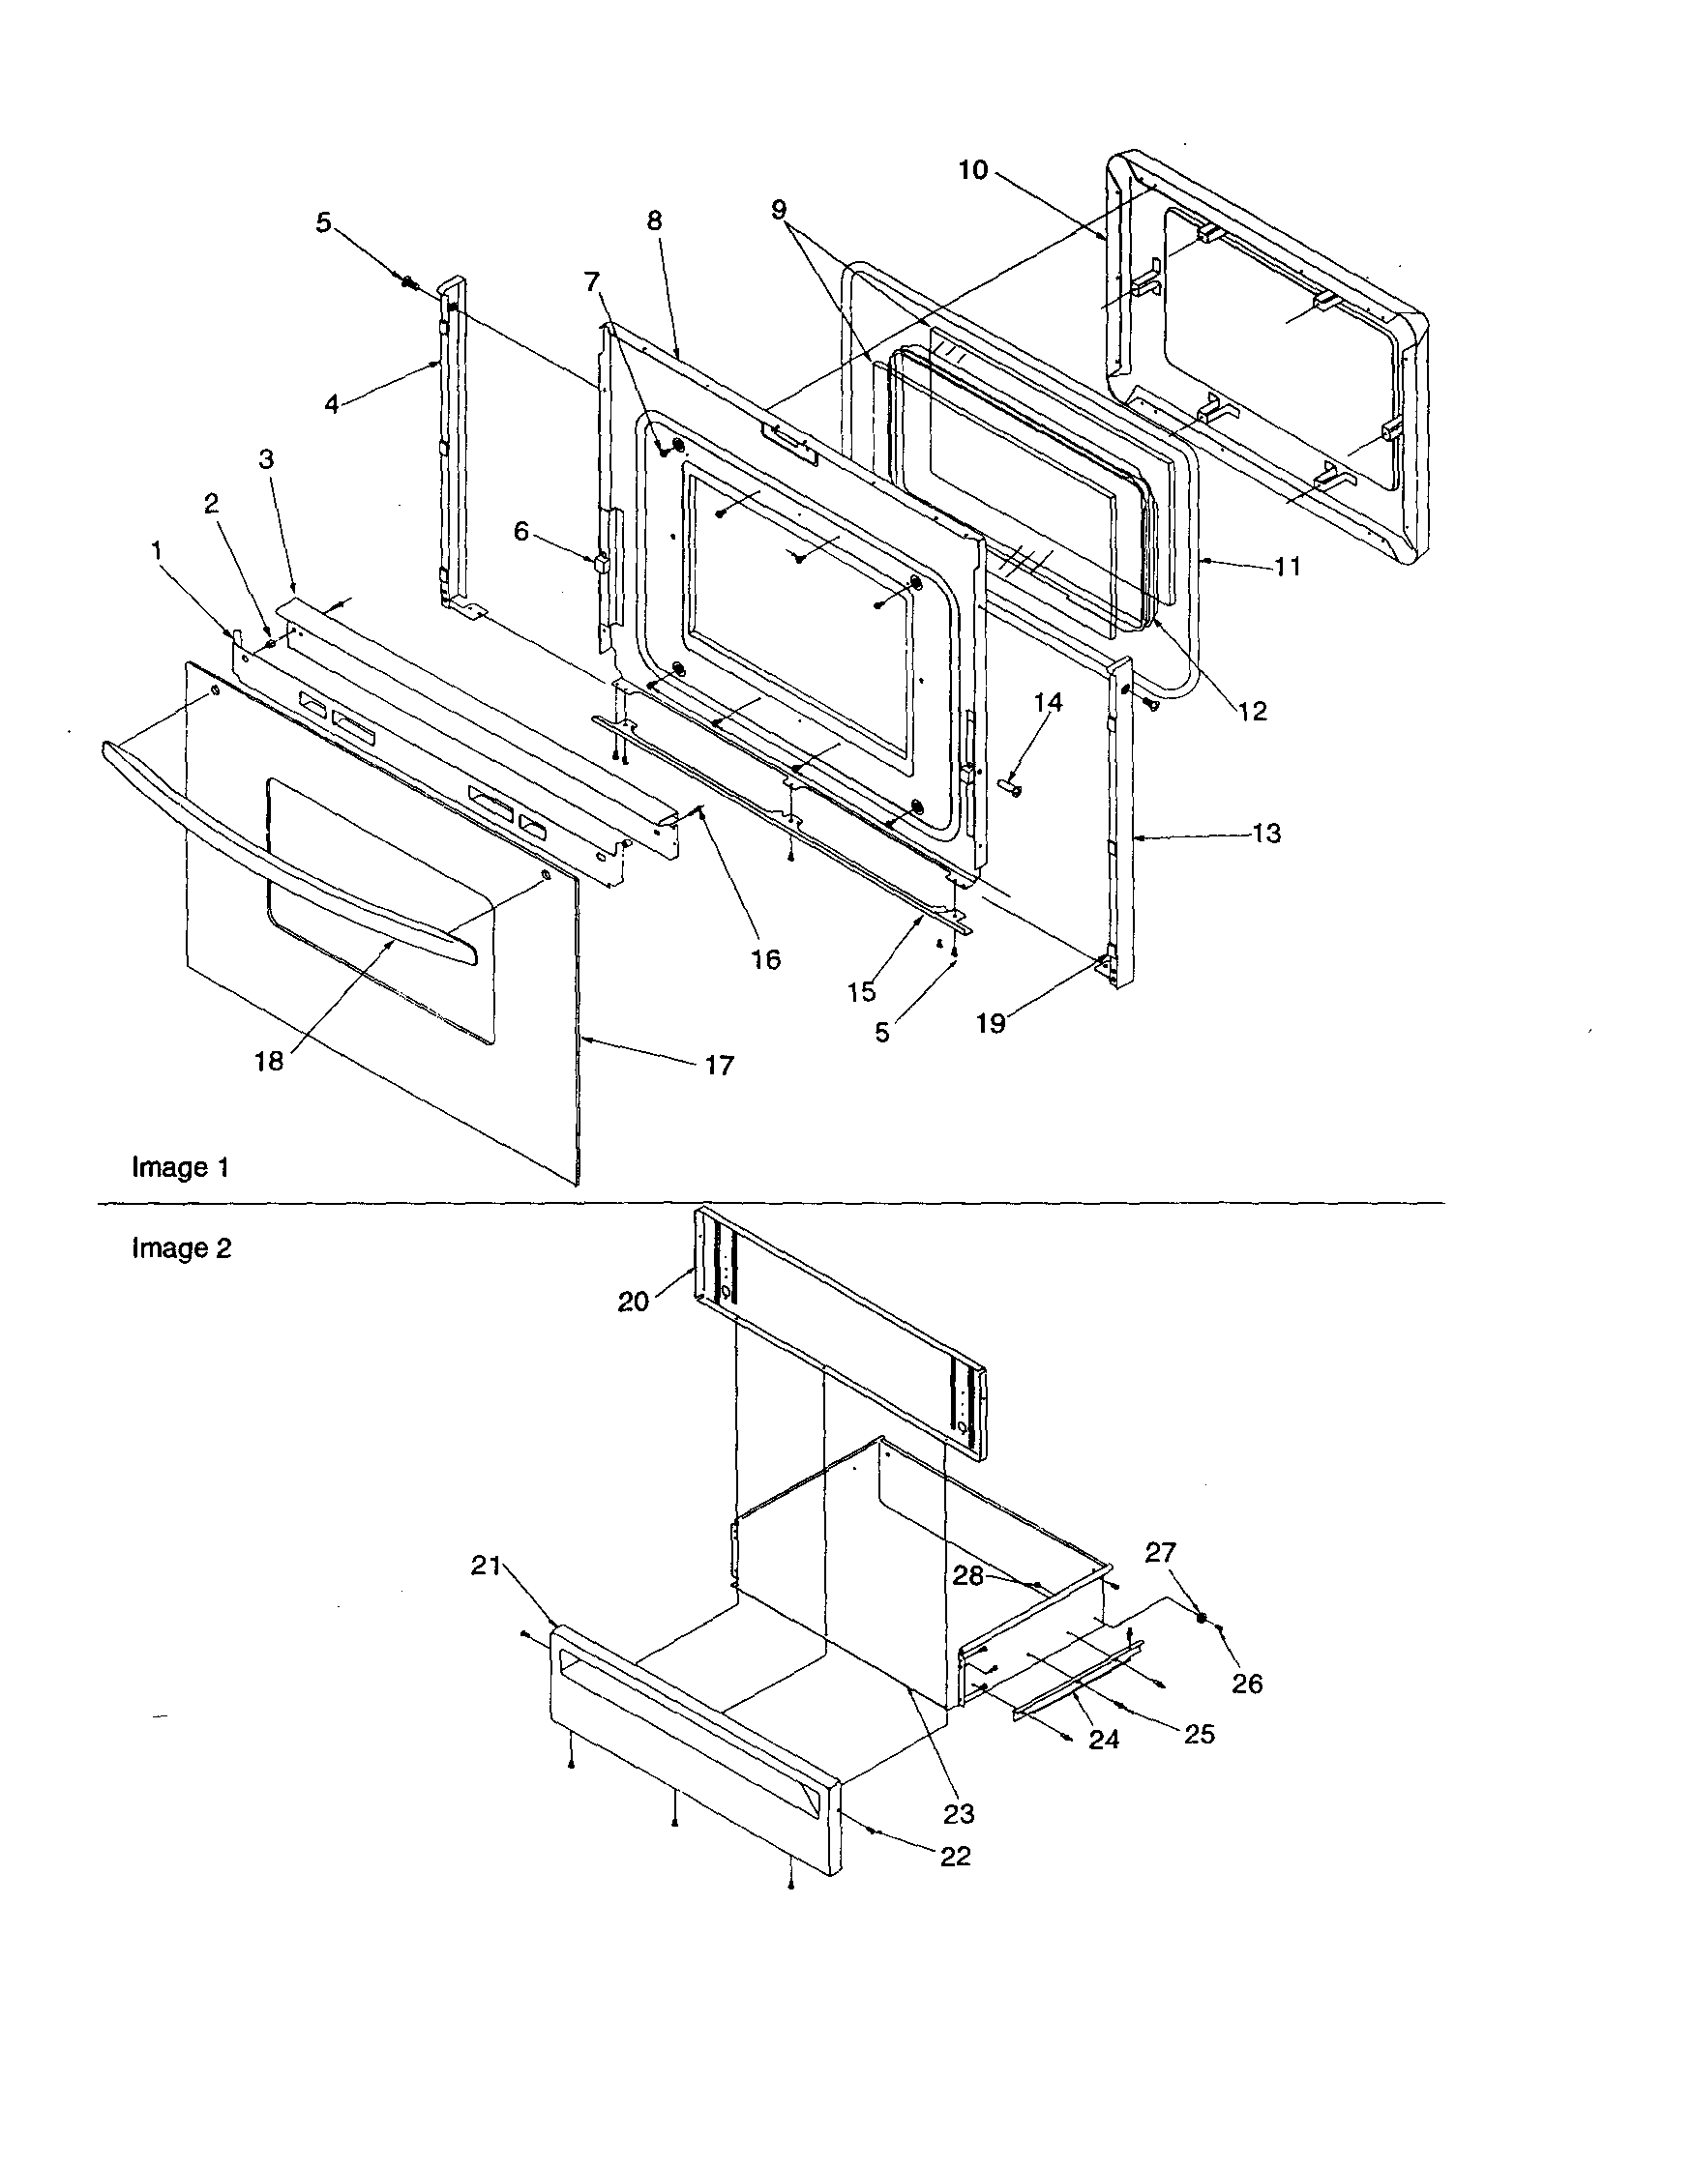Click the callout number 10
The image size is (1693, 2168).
click(x=973, y=170)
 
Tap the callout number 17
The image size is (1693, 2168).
click(x=719, y=1065)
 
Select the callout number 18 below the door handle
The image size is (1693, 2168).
click(x=269, y=1061)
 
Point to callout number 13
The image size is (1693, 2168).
click(x=1266, y=834)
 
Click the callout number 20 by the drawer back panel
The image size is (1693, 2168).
click(x=634, y=1301)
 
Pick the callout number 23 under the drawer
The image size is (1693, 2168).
click(x=958, y=1814)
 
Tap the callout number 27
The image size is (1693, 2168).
click(x=1160, y=1553)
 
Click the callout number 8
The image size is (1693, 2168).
click(x=654, y=220)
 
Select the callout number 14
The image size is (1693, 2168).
click(x=1048, y=703)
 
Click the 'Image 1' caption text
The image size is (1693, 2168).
click(x=181, y=1167)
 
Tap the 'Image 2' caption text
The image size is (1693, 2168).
click(x=182, y=1247)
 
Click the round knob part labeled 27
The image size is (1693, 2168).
click(x=1202, y=1617)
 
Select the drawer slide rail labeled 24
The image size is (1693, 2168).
click(x=1078, y=1683)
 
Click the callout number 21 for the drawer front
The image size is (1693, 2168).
click(x=485, y=1567)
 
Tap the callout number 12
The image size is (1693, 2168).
click(x=1253, y=711)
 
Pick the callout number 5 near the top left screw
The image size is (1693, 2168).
click(x=324, y=223)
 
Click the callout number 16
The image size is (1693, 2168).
click(x=765, y=959)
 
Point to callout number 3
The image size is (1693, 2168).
click(x=266, y=459)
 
